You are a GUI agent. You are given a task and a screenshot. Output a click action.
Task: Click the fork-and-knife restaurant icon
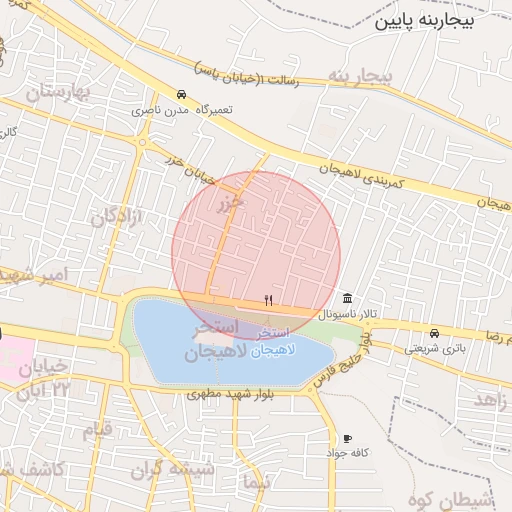point(268,300)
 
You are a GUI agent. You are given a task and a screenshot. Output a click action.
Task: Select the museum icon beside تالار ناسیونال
point(346,299)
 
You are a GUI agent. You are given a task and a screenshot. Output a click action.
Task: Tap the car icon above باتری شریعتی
point(434,333)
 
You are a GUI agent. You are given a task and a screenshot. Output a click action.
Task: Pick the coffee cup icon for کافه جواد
point(347,438)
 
